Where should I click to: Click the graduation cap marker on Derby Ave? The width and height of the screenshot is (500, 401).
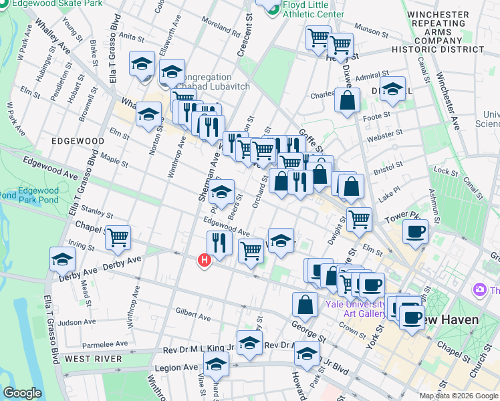[x=63, y=259]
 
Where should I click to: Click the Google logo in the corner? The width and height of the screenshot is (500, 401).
[x=22, y=393]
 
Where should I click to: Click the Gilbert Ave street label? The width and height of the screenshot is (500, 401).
[x=193, y=313]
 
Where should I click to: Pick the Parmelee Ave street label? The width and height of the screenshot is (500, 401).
[x=104, y=344]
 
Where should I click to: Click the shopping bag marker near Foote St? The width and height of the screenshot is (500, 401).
[x=348, y=101]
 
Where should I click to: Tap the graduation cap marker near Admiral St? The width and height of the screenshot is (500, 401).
[x=392, y=88]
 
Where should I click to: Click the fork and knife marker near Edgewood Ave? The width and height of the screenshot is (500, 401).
[x=218, y=242]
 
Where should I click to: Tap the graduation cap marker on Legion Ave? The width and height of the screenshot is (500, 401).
[x=217, y=364]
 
